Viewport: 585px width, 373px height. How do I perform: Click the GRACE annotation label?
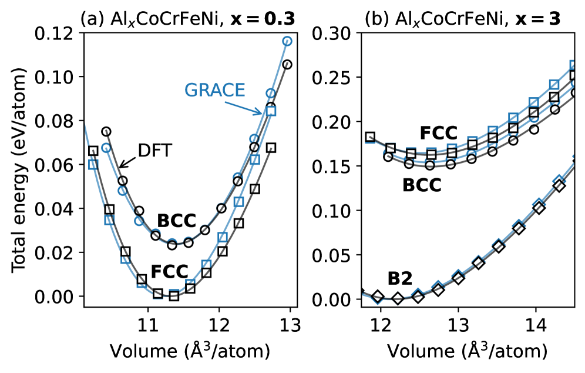coord(214,90)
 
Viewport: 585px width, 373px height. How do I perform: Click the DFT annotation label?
coord(154,151)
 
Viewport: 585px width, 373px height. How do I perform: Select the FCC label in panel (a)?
coord(169,272)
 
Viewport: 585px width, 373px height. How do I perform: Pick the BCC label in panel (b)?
coord(422,185)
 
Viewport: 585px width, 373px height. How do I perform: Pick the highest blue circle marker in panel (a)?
coord(287,41)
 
